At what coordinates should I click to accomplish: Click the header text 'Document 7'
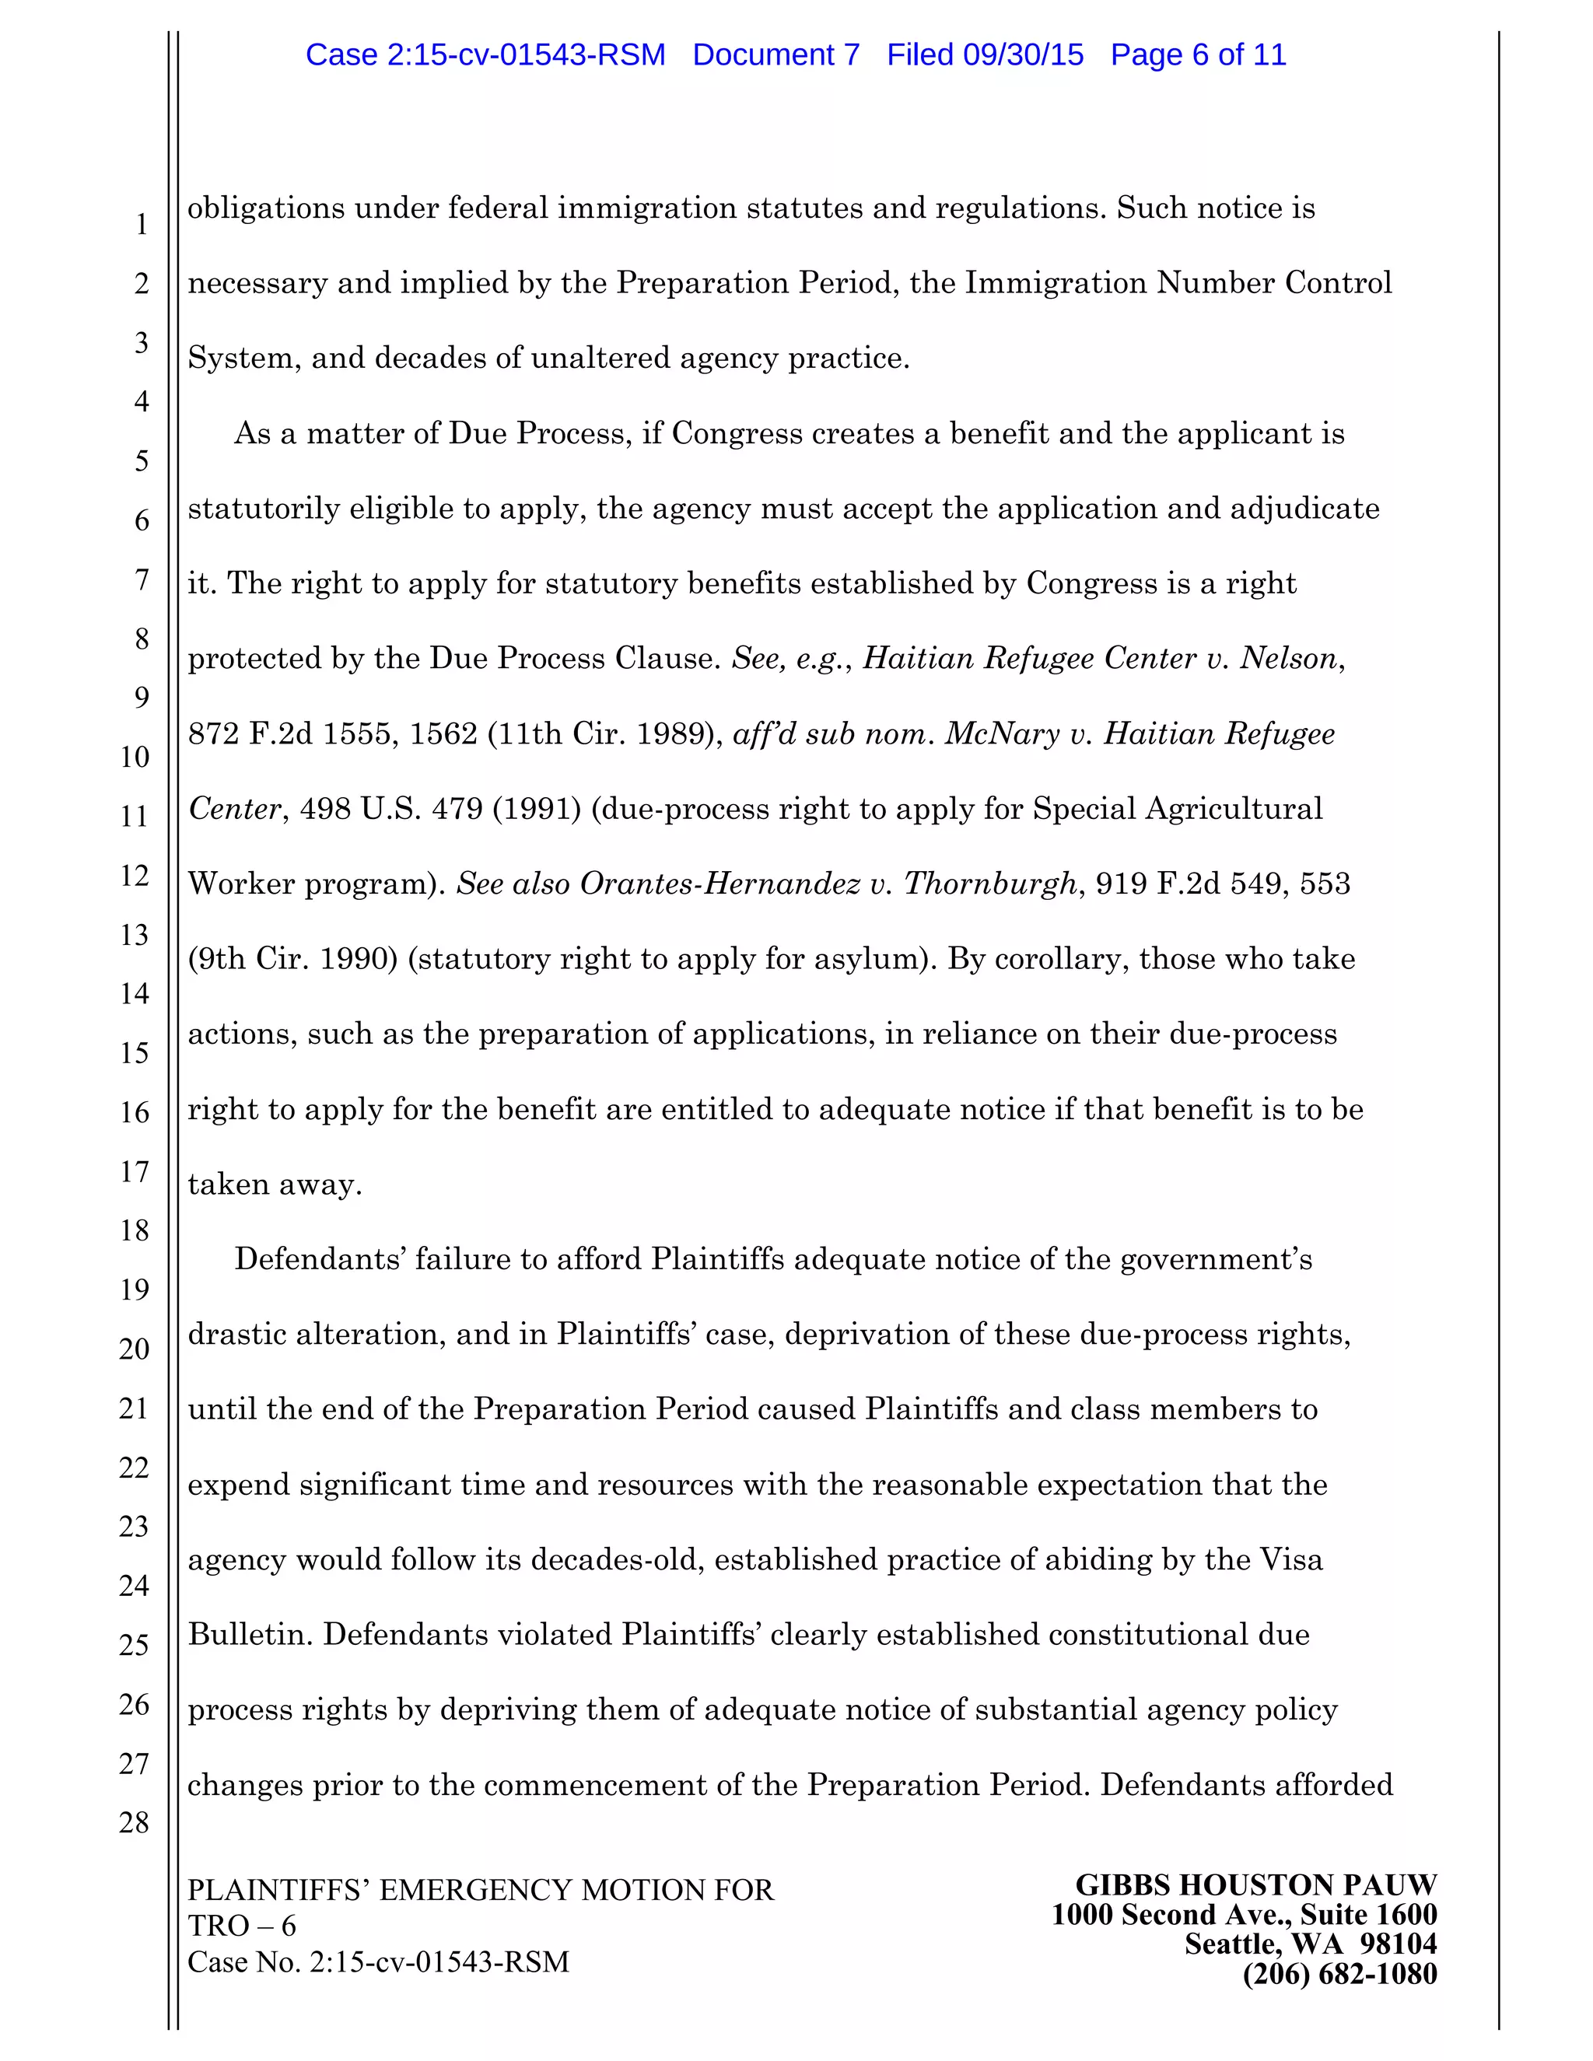(775, 54)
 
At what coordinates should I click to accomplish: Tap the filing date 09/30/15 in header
(1023, 54)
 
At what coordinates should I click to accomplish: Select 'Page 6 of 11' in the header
(1198, 54)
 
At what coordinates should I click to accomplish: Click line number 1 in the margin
(142, 225)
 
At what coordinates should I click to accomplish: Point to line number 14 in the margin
(135, 994)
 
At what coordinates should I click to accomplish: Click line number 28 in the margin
(135, 1822)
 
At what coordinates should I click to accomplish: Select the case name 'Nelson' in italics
(1289, 658)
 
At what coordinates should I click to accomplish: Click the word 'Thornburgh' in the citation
(990, 884)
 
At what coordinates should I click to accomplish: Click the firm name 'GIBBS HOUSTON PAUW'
(1255, 1885)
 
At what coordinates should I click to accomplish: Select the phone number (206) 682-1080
(1339, 1974)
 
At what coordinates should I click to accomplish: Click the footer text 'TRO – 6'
(242, 1926)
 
